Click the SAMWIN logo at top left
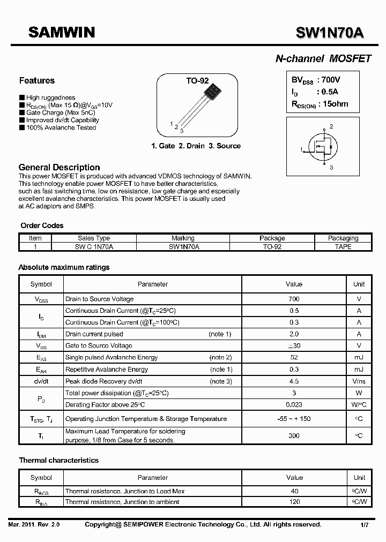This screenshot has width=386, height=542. click(61, 33)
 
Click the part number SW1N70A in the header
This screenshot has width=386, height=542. click(330, 33)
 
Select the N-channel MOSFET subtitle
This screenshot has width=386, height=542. click(323, 59)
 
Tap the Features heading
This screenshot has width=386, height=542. click(36, 81)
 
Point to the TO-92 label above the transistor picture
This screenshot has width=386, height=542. click(197, 81)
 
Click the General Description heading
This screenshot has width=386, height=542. click(59, 167)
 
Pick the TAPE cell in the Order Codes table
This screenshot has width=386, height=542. click(343, 246)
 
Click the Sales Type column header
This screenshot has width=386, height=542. click(94, 238)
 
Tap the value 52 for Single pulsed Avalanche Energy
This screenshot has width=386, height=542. click(294, 357)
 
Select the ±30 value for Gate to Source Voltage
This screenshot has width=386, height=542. click(294, 345)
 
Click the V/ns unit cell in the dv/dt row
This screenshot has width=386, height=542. click(359, 381)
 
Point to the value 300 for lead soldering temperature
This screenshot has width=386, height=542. click(294, 435)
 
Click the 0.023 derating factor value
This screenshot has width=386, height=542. click(294, 405)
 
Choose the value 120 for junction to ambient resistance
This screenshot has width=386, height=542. click(294, 502)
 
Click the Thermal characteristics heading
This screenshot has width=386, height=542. click(59, 460)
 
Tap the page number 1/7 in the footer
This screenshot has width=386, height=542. click(364, 525)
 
